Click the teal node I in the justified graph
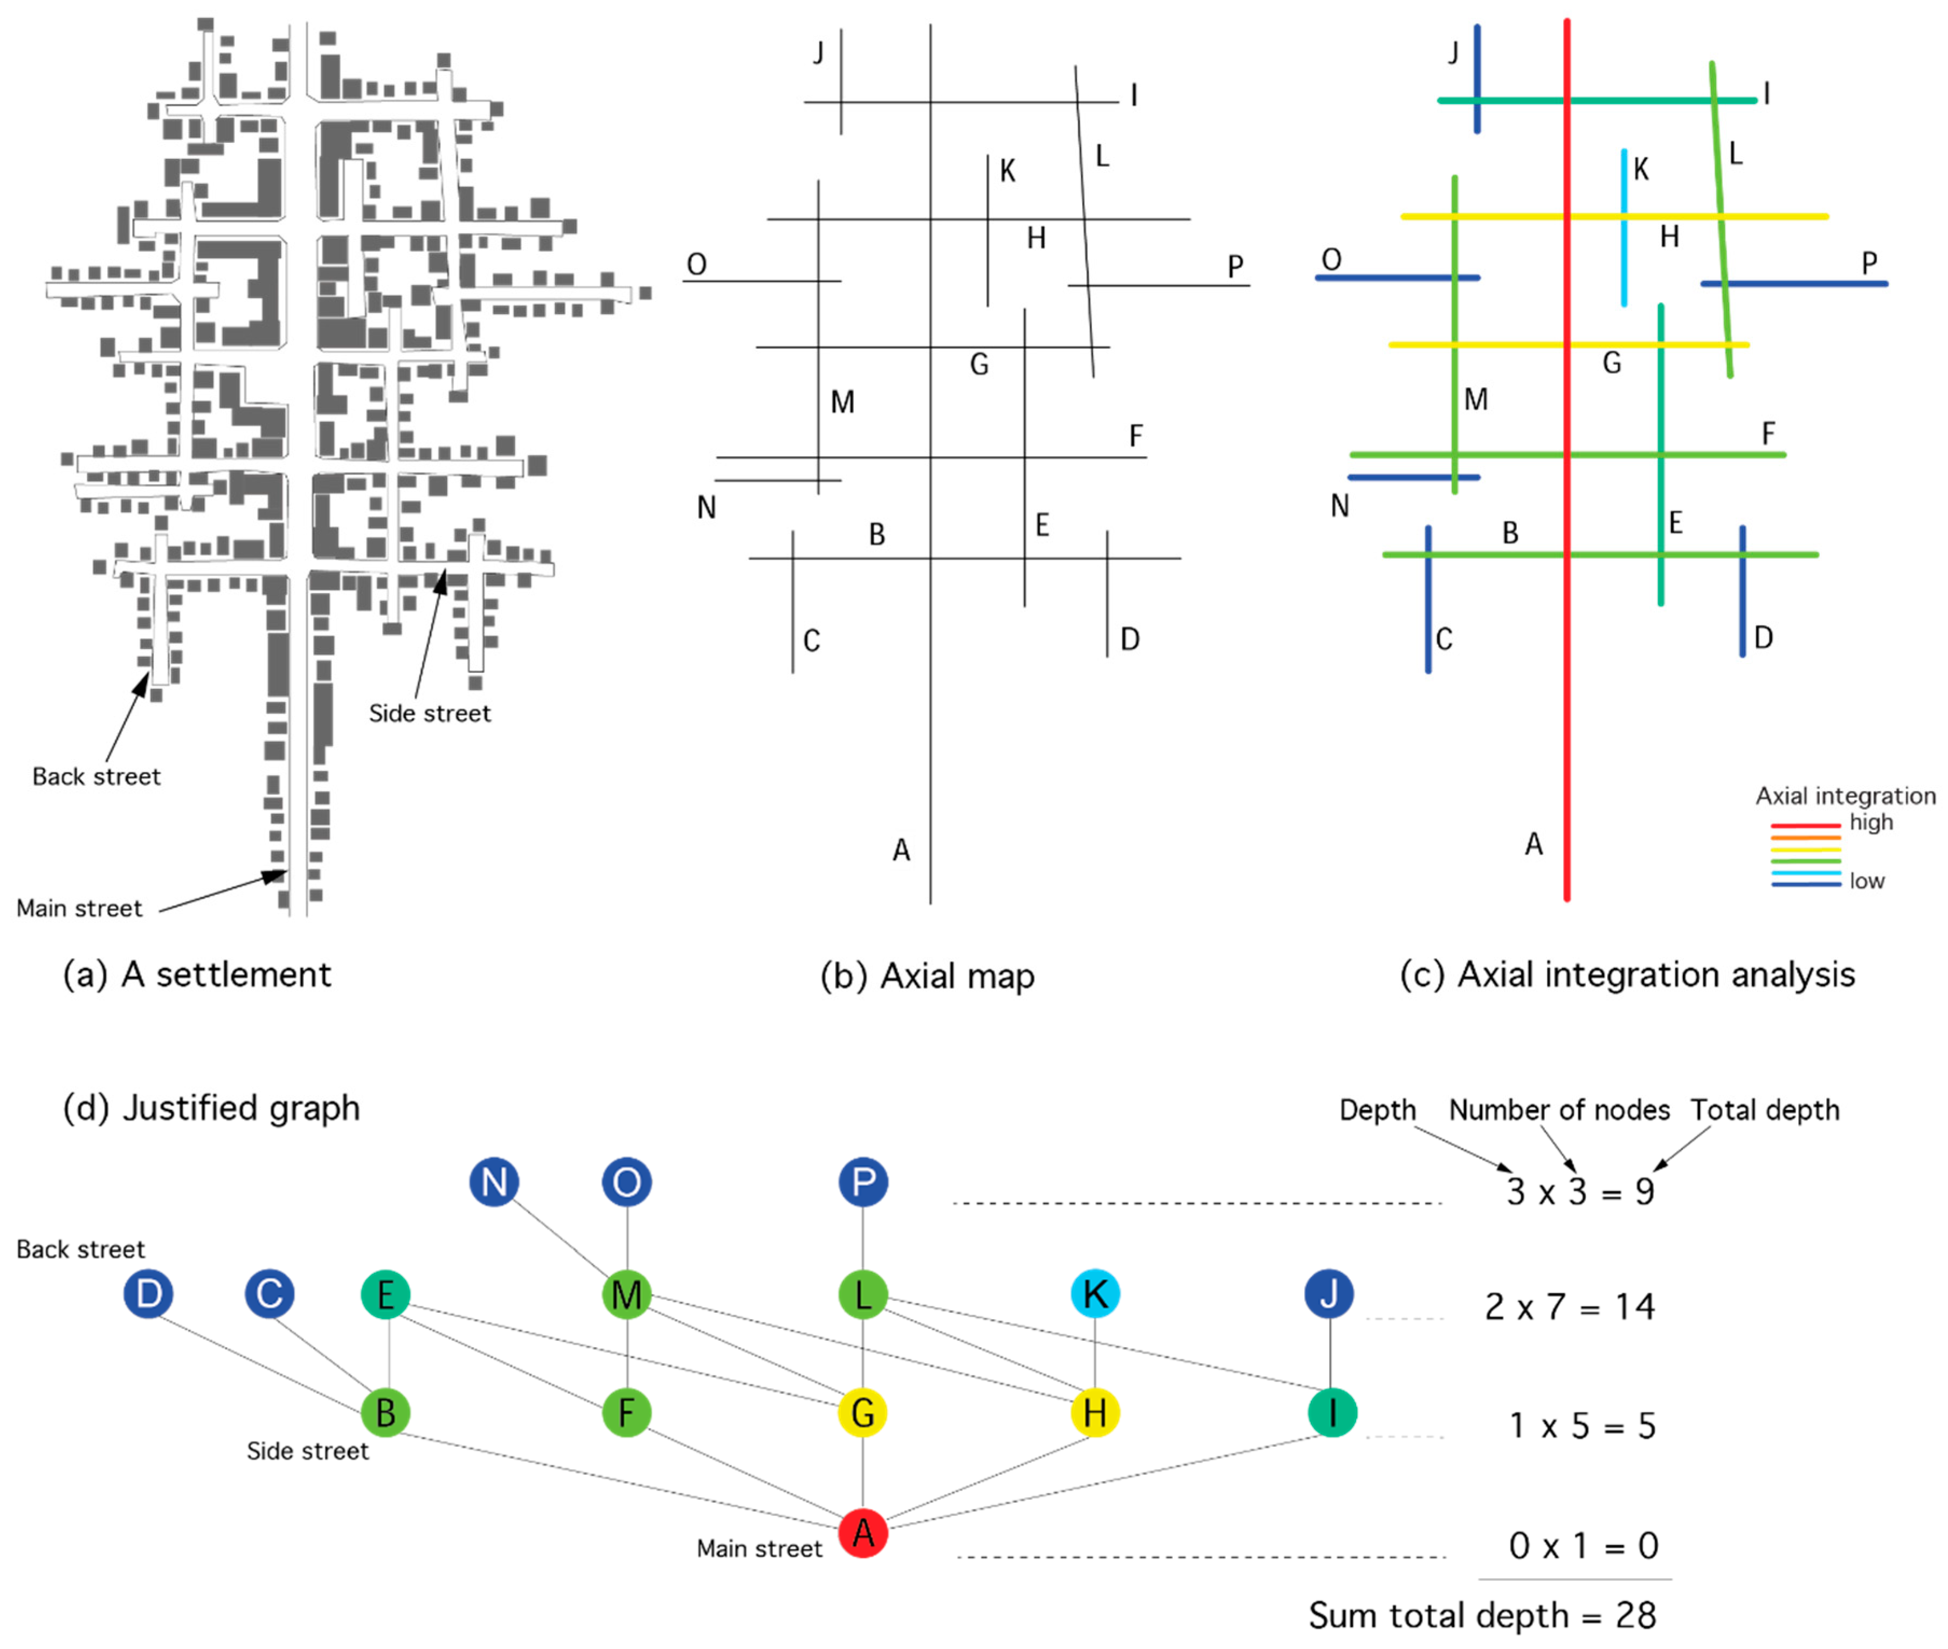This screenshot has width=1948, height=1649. tap(1331, 1412)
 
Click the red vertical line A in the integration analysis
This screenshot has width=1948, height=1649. tap(1566, 654)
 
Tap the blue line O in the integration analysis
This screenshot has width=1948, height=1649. tap(1384, 278)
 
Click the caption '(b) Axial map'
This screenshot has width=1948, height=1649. tap(927, 976)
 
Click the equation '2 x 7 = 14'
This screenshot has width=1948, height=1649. tap(1570, 1307)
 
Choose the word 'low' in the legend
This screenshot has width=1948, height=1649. tap(1867, 881)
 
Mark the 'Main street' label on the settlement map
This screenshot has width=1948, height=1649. tap(79, 908)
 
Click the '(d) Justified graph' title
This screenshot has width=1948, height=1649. tap(211, 1108)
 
